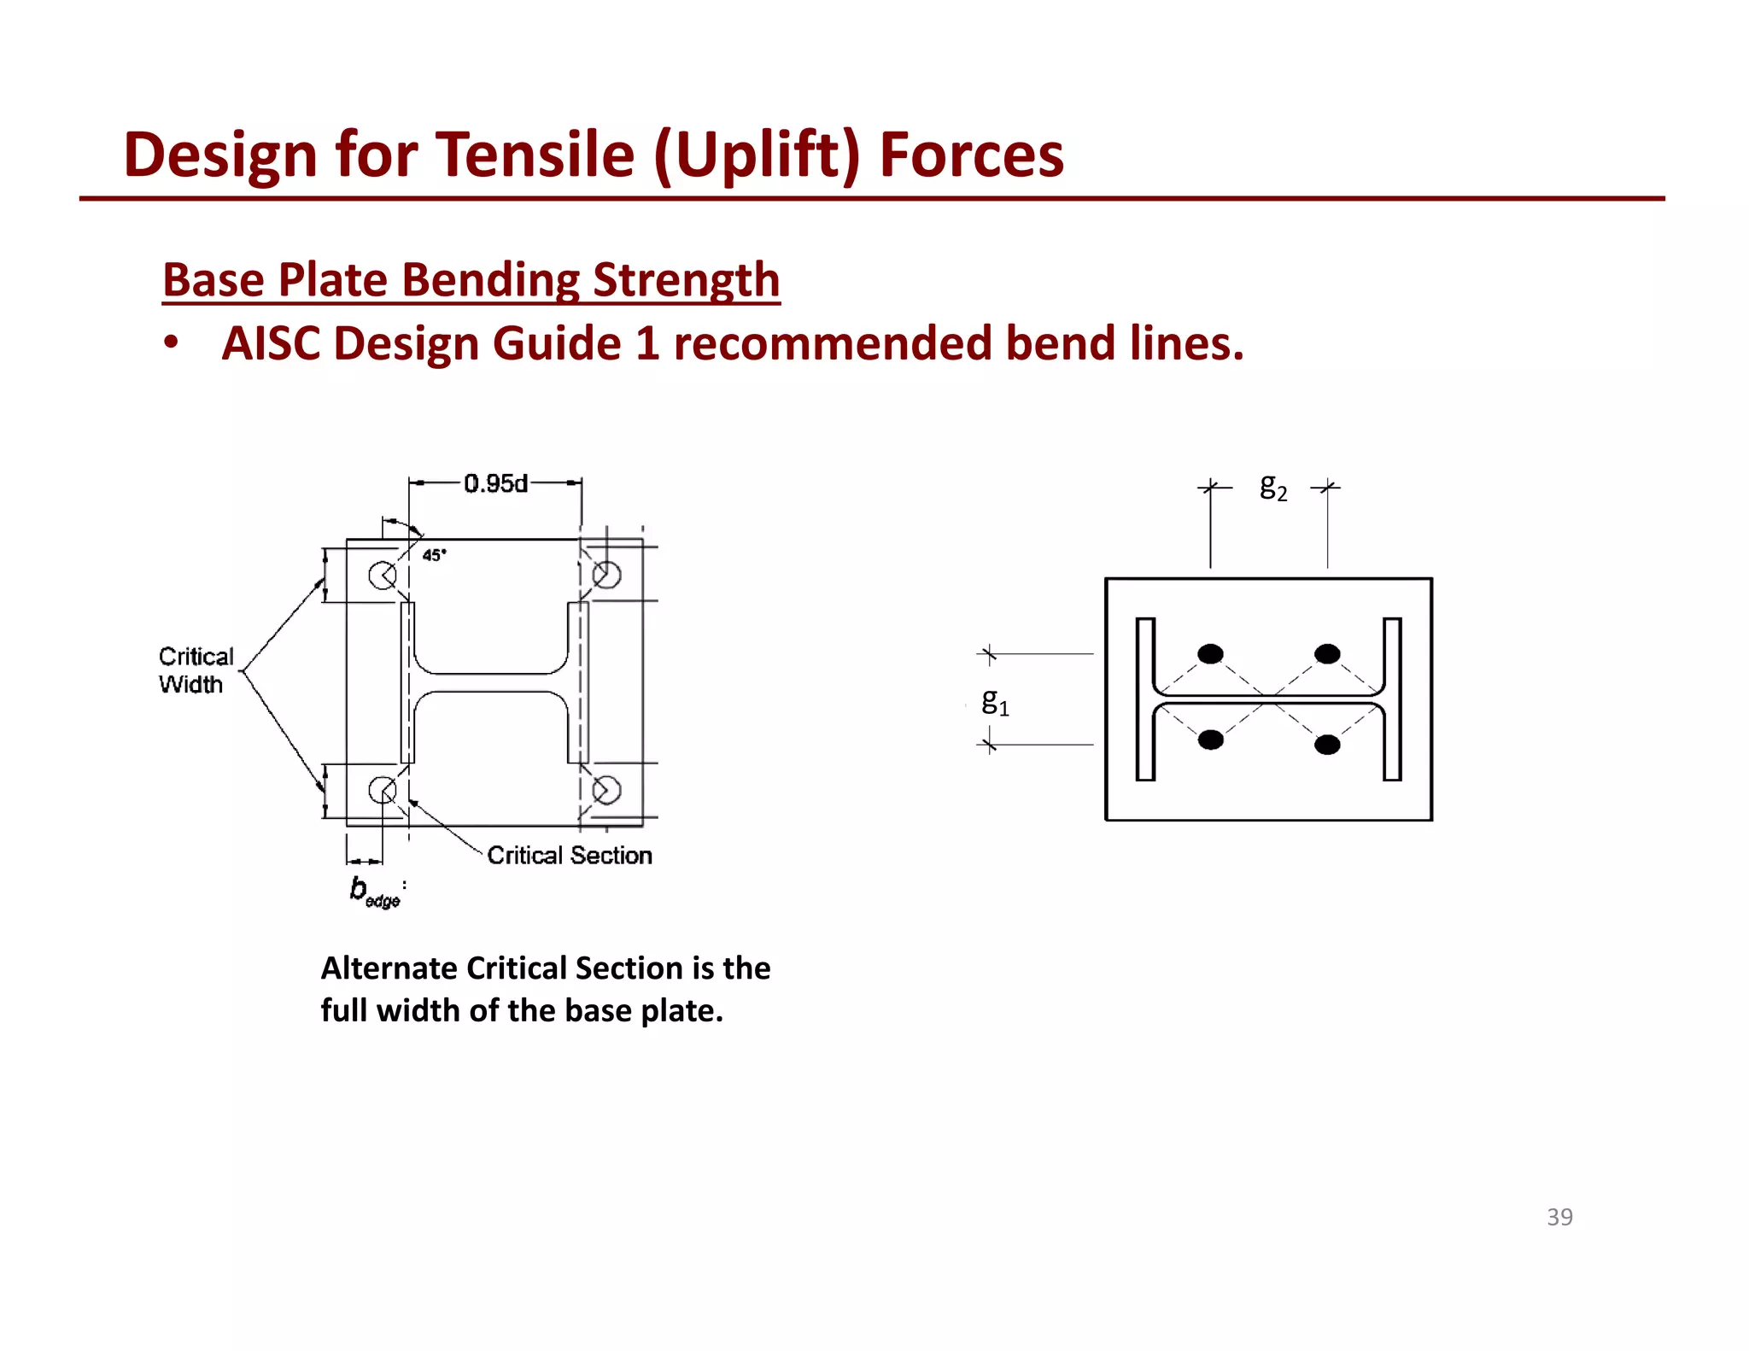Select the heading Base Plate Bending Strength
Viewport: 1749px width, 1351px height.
471,280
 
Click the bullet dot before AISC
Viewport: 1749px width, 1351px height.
172,343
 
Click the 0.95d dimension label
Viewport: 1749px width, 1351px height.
495,483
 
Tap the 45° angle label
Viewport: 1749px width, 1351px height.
434,555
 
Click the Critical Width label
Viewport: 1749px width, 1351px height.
195,670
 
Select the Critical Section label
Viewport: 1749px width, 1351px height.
569,855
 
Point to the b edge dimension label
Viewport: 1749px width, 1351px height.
373,892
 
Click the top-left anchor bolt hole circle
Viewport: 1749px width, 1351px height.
382,575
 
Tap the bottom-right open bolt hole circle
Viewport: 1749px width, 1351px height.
606,790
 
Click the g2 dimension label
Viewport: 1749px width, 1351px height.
1272,487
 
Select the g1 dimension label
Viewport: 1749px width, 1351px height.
994,702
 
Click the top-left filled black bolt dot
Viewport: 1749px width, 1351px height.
1210,654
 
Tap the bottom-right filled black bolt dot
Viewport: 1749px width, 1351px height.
1327,745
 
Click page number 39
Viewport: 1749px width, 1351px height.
1559,1217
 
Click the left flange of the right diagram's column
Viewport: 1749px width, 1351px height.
1145,699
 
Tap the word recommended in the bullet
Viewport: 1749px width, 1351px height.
832,343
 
